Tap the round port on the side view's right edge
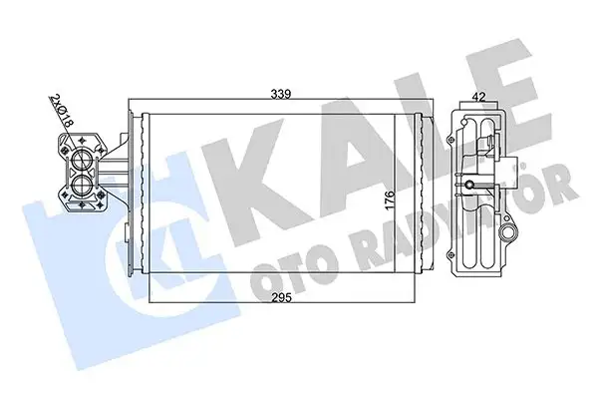coord(511,236)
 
